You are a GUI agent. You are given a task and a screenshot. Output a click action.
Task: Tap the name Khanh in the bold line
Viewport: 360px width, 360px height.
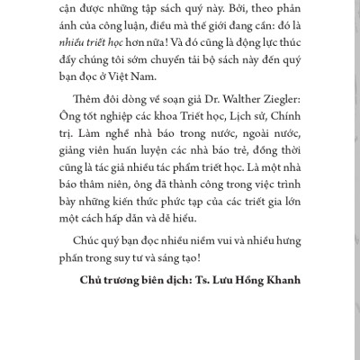pos(286,301)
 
